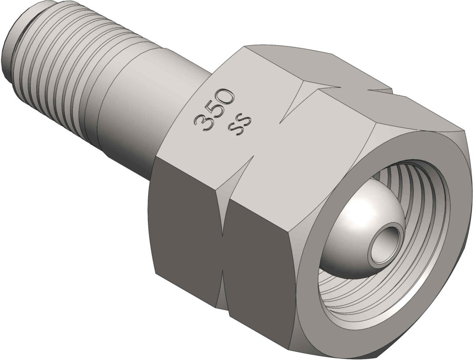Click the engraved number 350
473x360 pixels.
tap(215, 109)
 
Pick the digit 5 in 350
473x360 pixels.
tap(215, 109)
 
